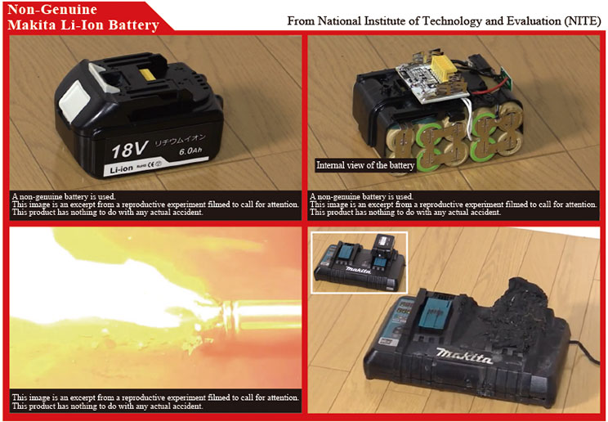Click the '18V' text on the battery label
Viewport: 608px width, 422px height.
129,150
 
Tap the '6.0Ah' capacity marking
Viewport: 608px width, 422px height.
190,150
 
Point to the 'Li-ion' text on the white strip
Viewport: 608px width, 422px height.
121,169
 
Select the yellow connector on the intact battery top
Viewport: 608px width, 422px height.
148,74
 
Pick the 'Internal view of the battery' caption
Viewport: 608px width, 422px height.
364,165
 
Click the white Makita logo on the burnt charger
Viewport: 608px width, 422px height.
463,356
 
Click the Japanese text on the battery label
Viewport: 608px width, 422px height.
181,140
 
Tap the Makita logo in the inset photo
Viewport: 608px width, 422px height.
358,269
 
